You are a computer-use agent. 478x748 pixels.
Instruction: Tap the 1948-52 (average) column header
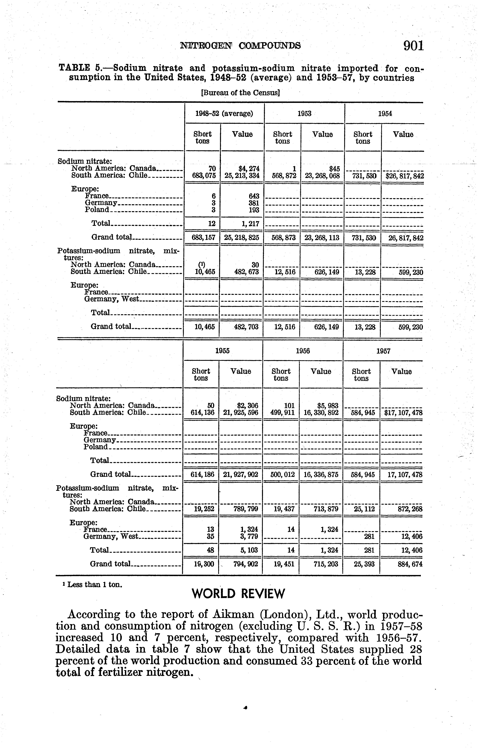tap(224, 113)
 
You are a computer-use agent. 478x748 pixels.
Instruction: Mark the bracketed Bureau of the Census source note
tap(241, 93)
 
